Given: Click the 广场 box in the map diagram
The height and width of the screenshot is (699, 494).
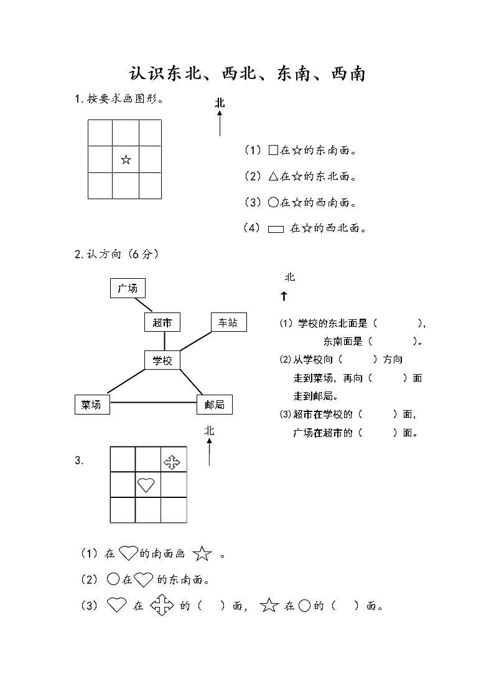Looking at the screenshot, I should (x=128, y=288).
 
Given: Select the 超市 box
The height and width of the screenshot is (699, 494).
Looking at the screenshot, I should (x=162, y=322).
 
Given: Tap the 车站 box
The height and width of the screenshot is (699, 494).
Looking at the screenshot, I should (x=228, y=322).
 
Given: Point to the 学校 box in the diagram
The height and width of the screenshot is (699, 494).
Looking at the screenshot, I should (x=162, y=360).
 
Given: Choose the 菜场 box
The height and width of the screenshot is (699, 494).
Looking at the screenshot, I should (x=91, y=405).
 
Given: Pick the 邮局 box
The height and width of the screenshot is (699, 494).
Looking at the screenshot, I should (x=214, y=405).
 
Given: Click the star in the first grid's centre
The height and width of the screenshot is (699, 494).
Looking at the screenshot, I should (x=126, y=160).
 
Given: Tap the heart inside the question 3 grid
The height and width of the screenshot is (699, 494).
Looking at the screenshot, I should (x=146, y=484).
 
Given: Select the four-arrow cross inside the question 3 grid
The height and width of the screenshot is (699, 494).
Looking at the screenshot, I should (x=172, y=462).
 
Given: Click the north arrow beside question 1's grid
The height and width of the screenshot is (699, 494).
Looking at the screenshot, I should (x=220, y=122).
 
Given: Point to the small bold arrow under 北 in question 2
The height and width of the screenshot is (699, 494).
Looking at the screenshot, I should (x=284, y=297).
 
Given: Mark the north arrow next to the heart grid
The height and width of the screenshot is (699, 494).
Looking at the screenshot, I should (x=209, y=451).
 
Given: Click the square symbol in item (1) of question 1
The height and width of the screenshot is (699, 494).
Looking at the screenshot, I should (x=273, y=150).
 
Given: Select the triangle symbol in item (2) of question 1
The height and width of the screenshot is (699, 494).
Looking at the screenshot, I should (x=273, y=177).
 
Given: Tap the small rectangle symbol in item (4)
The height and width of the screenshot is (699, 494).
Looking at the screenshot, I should (x=276, y=229).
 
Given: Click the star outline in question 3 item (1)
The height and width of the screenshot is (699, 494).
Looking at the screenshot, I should (x=202, y=553).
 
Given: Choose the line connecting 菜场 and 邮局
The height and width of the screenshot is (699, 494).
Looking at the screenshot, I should (x=152, y=403).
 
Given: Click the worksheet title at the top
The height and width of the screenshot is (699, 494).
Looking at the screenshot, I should (x=246, y=74).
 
